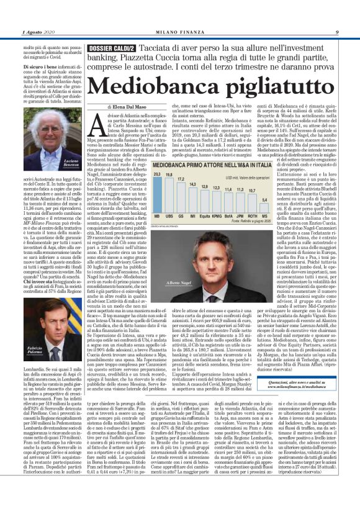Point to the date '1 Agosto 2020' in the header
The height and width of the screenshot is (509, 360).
[x=38, y=32]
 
